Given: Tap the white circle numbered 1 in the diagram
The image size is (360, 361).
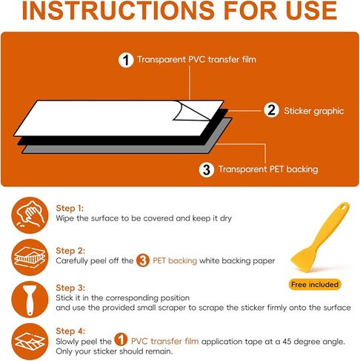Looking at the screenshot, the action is (126, 60).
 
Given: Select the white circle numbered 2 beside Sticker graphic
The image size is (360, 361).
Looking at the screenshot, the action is (271, 110).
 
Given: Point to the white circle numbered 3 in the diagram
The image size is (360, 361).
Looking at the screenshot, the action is (207, 169).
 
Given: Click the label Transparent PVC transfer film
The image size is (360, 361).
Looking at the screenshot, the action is (196, 59).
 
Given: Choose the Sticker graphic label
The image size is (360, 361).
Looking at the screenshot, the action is (314, 111).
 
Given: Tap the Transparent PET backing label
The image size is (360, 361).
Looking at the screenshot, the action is (268, 169).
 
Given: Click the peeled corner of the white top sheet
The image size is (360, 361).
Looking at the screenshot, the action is (191, 111).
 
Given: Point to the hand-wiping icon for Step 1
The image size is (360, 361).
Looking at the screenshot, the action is (30, 215).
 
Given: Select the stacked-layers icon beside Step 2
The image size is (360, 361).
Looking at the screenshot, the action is (30, 257).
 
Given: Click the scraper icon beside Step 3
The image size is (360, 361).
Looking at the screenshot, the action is (30, 300).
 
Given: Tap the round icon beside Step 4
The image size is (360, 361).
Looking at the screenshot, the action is (30, 342).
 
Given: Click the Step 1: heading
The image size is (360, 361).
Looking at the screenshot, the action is (70, 208).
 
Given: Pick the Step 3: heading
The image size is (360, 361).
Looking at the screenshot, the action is (70, 288).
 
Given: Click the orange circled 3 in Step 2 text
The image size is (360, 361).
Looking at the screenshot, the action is (143, 260).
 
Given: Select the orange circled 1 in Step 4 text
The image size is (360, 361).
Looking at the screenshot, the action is (121, 340).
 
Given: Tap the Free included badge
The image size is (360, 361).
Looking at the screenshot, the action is (315, 285).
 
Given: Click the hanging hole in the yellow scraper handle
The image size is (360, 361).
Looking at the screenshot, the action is (343, 207).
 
